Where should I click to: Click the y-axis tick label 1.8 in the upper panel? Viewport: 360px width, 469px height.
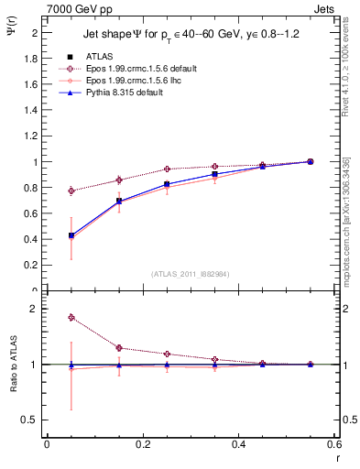(x=30, y=59)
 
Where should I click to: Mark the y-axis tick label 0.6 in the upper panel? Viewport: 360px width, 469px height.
(x=30, y=214)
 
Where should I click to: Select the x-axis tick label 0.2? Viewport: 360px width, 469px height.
(x=142, y=444)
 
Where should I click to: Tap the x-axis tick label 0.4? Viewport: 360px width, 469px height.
(x=238, y=444)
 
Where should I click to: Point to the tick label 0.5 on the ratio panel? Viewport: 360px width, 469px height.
(x=30, y=420)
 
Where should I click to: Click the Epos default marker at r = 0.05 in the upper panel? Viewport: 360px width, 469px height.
(x=71, y=191)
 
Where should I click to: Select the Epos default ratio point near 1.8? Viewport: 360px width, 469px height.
(x=71, y=318)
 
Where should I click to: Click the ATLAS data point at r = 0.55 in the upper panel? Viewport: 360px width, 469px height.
(x=311, y=161)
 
